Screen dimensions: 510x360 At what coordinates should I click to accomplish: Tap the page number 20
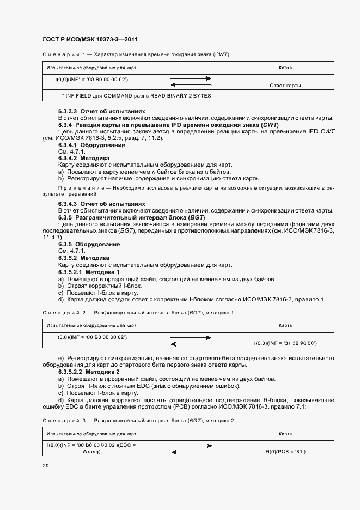click(45, 466)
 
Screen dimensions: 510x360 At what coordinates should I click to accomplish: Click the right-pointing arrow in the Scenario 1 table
click(191, 79)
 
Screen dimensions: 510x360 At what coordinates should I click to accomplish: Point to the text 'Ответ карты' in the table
click(285, 86)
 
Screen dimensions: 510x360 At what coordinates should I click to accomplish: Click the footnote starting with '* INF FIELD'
click(136, 96)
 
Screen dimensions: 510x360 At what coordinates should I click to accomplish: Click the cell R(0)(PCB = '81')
click(284, 452)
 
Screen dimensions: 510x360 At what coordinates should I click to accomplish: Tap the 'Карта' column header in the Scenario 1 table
click(285, 68)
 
